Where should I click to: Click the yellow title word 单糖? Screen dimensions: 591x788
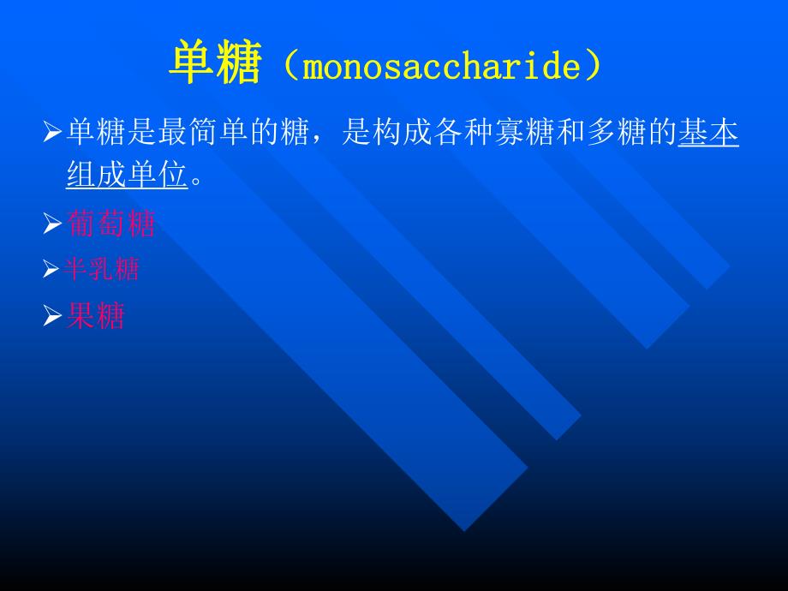click(213, 66)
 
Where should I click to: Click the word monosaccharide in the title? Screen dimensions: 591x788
click(442, 67)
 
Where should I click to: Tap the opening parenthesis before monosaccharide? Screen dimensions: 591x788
click(286, 67)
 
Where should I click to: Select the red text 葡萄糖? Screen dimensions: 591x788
click(110, 224)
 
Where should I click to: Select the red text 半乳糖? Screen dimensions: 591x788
click(102, 271)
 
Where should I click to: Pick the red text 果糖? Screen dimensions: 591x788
click(96, 317)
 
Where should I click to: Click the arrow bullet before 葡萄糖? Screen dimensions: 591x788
click(53, 225)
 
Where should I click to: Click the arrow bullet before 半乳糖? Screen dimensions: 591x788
click(53, 272)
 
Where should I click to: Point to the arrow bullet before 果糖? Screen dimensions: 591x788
click(53, 318)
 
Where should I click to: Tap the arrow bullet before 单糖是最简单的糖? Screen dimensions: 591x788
click(53, 134)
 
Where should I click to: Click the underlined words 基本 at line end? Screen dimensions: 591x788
click(708, 134)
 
